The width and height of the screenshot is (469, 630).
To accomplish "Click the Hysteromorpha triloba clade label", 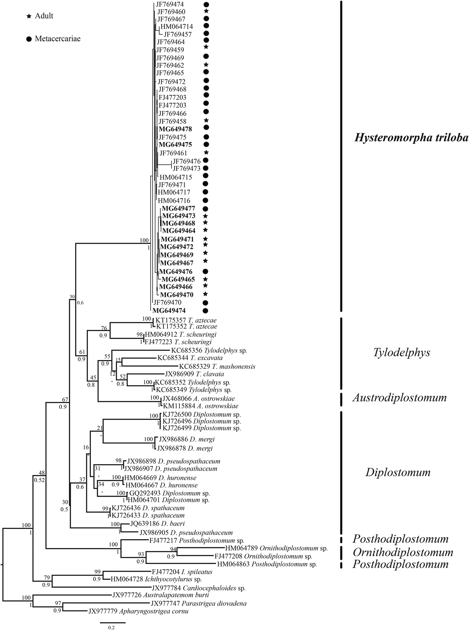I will (411, 138).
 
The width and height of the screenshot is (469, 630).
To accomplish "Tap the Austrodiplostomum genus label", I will (399, 398).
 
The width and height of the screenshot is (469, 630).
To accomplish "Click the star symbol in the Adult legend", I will (29, 16).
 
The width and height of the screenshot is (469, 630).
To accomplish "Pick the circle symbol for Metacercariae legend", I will (29, 39).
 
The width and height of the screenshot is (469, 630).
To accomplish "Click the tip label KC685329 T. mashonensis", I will (217, 366).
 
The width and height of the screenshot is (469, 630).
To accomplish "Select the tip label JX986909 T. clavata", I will (195, 374).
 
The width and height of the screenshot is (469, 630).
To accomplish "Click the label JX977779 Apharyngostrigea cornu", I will (138, 611).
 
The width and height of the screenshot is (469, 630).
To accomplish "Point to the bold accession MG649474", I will (169, 310).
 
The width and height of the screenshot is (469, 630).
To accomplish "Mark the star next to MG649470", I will (206, 294).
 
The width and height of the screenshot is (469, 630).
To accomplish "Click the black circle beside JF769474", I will (206, 5).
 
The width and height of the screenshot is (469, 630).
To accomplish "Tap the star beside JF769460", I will (206, 11).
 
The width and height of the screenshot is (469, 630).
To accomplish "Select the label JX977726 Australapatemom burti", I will (161, 595).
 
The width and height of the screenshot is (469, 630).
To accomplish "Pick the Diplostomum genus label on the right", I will (398, 472).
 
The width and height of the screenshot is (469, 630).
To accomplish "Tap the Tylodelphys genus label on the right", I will (401, 352).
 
